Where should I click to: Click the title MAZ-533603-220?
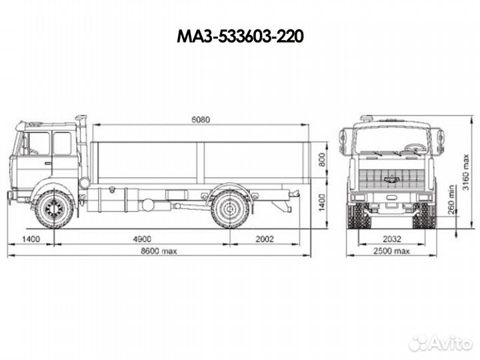pos(240,37)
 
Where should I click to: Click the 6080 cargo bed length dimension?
pos(200,120)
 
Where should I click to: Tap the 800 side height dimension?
pos(322,160)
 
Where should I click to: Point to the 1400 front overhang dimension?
pos(31,239)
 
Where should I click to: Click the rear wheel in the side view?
pos(230,209)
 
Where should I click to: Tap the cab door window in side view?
pos(62,143)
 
